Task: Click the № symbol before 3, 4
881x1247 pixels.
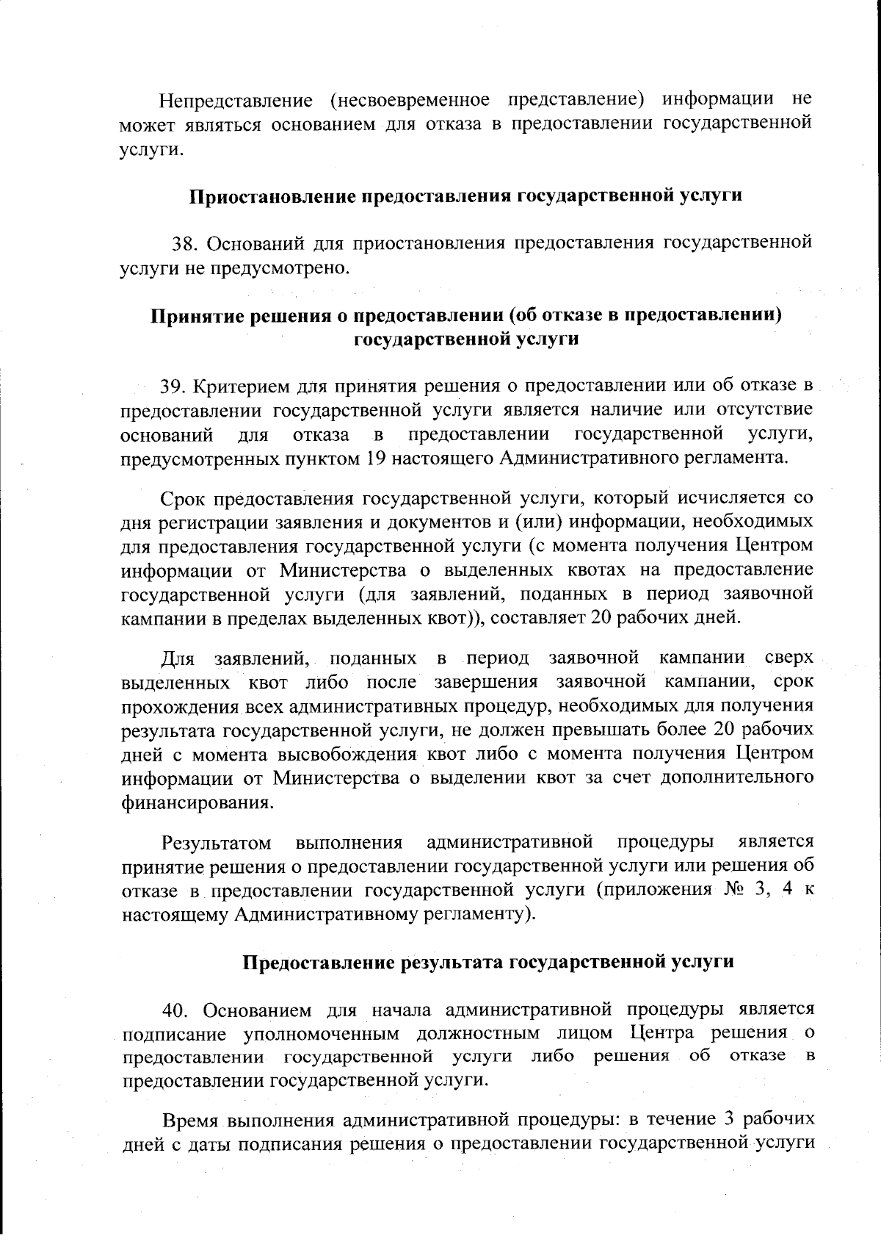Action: click(x=721, y=890)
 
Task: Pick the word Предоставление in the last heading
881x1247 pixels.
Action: click(x=317, y=963)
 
